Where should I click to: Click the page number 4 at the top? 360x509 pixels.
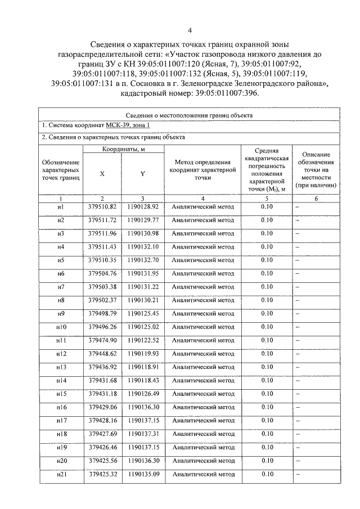pyautogui.click(x=190, y=30)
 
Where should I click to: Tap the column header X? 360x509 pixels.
pyautogui.click(x=102, y=174)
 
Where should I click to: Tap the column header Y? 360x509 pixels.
pyautogui.click(x=143, y=174)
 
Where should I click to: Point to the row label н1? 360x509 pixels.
pyautogui.click(x=61, y=206)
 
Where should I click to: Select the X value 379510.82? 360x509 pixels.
pyautogui.click(x=102, y=206)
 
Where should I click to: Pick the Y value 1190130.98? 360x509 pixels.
pyautogui.click(x=143, y=233)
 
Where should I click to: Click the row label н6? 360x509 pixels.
pyautogui.click(x=61, y=273)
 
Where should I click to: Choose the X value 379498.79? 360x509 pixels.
pyautogui.click(x=102, y=313)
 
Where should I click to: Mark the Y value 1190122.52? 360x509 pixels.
pyautogui.click(x=143, y=340)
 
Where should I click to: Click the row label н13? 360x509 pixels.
pyautogui.click(x=61, y=367)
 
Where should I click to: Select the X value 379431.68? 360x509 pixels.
pyautogui.click(x=102, y=381)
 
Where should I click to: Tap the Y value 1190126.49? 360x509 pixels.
pyautogui.click(x=143, y=394)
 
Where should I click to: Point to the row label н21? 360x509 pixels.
pyautogui.click(x=61, y=474)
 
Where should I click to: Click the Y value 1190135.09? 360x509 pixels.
pyautogui.click(x=143, y=474)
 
